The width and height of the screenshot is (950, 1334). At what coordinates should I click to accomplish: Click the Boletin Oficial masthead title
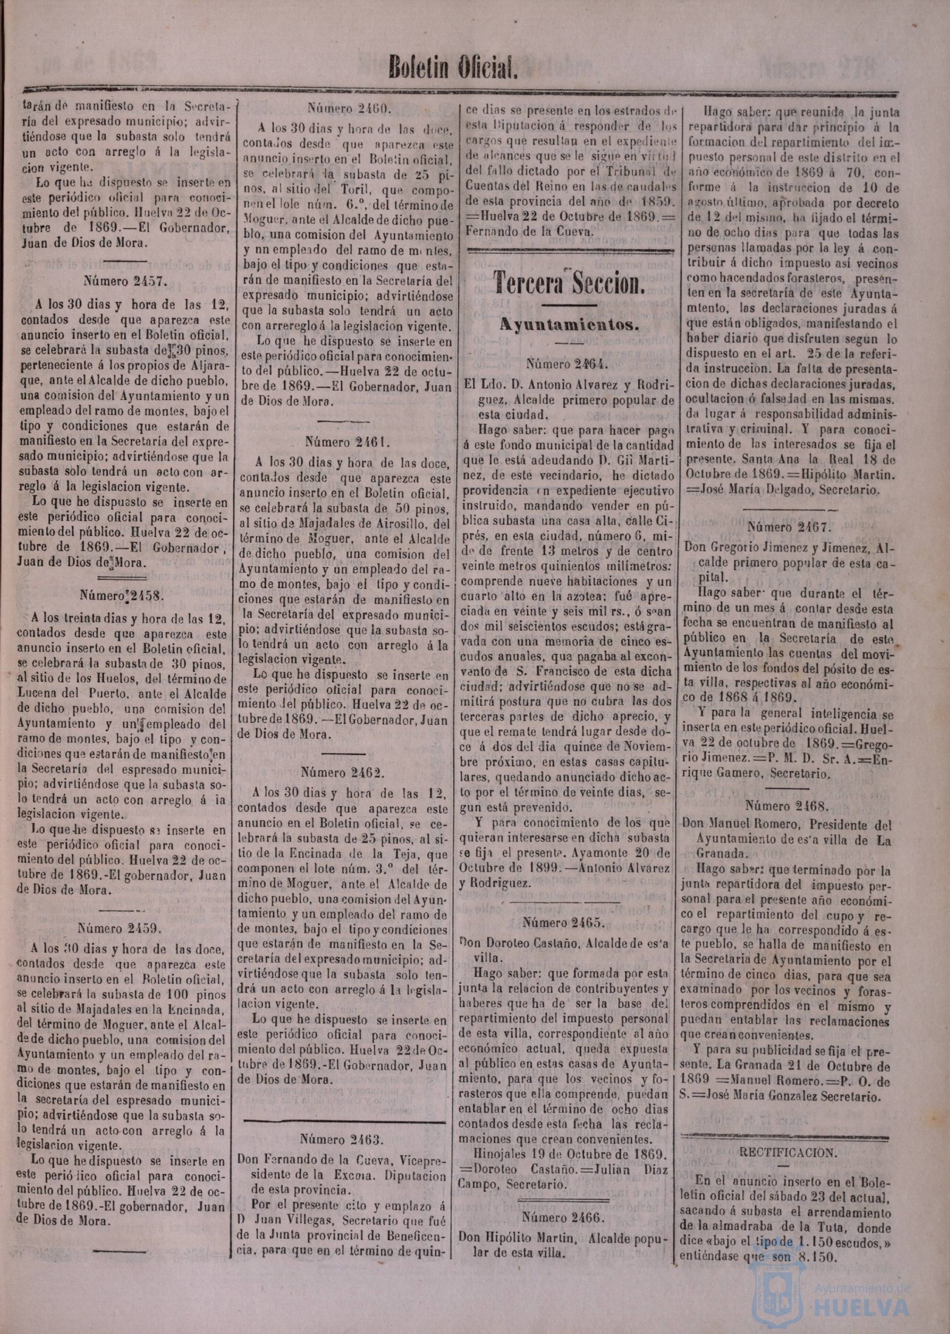(454, 68)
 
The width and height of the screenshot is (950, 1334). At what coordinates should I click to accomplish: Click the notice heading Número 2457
(126, 280)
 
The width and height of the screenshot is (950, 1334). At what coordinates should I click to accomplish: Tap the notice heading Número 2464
(568, 364)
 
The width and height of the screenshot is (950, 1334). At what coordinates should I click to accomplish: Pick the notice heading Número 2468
(787, 805)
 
